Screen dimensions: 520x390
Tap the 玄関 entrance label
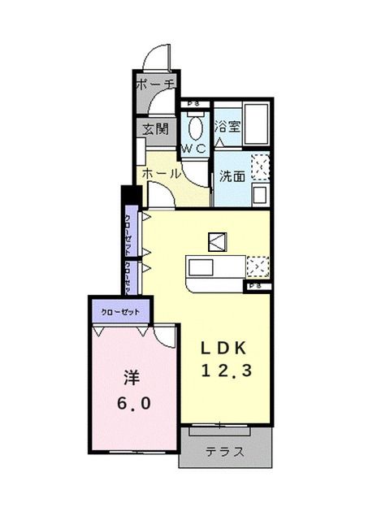point(154,129)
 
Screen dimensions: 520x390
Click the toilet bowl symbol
point(195,126)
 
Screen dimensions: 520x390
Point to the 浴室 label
point(227,127)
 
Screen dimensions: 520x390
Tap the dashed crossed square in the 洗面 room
point(260,166)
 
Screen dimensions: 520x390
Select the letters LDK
point(225,348)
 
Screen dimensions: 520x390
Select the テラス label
point(225,453)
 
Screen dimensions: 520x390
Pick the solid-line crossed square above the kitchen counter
point(217,240)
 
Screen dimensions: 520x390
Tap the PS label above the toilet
point(193,104)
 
